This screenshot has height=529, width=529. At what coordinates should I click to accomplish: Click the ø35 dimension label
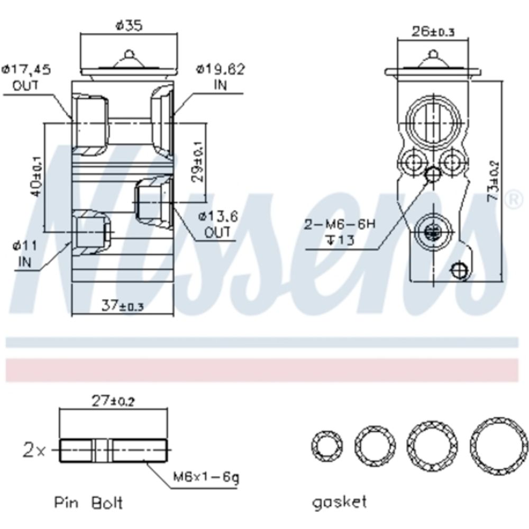point(129,26)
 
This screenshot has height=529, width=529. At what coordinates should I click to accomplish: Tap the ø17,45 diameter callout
point(26,70)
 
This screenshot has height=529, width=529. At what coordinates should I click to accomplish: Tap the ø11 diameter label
point(25,246)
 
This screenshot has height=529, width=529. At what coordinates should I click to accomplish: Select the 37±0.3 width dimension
point(123,306)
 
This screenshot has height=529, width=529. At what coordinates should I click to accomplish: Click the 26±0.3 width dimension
point(433,31)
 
